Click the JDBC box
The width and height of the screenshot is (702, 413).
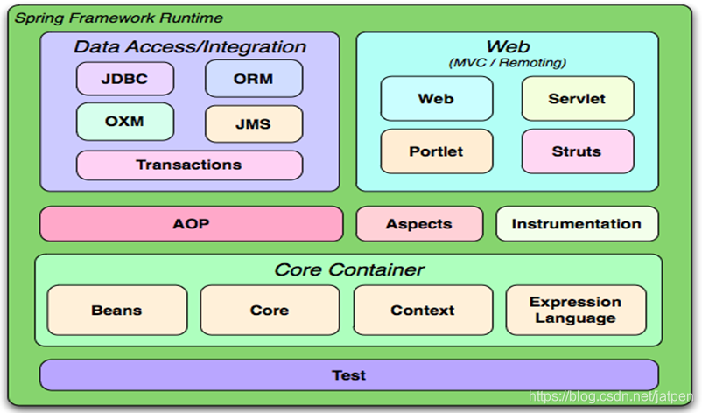point(125,79)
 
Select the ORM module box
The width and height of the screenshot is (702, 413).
point(254,79)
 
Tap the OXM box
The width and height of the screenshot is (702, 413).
point(125,122)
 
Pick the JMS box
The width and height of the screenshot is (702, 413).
point(254,123)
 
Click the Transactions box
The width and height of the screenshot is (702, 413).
point(189,165)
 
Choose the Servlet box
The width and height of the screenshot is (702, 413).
point(578,99)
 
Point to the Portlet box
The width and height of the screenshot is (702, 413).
point(437,151)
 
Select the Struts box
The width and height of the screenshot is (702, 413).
point(578,151)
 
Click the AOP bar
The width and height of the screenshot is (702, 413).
point(191,224)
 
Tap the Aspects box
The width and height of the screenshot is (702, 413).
point(419,224)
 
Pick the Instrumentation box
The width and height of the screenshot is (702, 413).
point(577,224)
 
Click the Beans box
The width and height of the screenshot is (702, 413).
point(116,310)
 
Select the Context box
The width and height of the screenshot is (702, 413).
point(423,310)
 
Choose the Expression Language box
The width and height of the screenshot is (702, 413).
point(576,310)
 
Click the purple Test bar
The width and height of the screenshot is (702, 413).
point(348,375)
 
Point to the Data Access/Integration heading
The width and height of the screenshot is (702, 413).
point(190,47)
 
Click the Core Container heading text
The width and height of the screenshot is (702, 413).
point(349,269)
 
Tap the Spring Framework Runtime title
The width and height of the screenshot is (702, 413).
point(119,17)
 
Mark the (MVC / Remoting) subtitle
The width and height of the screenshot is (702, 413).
point(508,63)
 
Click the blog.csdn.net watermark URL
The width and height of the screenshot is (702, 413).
point(611,396)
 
